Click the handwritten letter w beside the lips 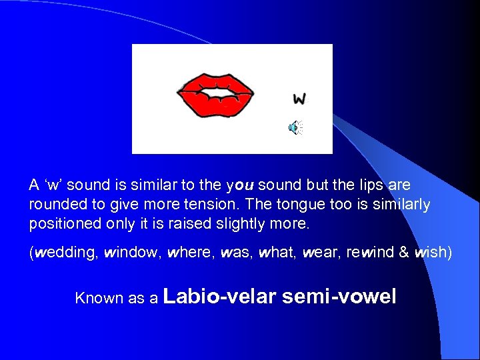tap(299, 99)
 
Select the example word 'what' tap(275, 254)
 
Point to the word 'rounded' tap(53, 204)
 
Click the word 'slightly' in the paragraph tap(246, 223)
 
